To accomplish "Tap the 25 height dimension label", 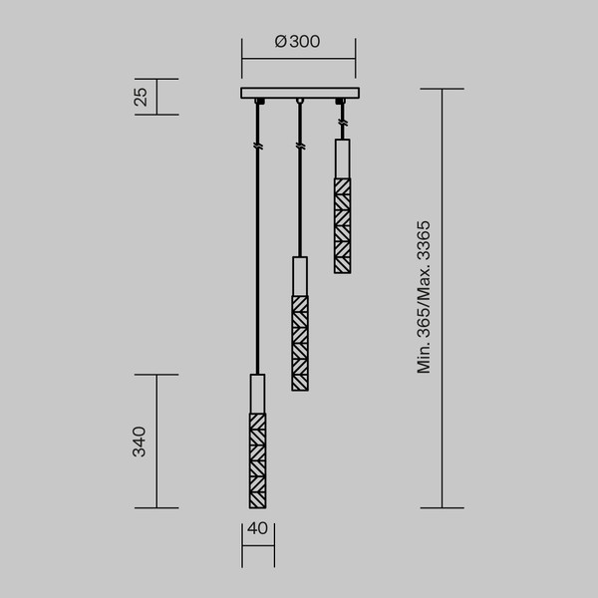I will point(141,97).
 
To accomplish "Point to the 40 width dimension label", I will point(257,529).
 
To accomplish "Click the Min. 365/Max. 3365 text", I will point(425,297).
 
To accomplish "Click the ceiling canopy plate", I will point(299,94).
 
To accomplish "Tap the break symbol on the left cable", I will point(257,147).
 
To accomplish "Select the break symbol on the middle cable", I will point(299,147).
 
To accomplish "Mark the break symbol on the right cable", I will point(342,123).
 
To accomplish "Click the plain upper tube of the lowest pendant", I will point(257,394).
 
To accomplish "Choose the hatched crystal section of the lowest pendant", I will point(257,459).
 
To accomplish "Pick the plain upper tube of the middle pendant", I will point(299,276).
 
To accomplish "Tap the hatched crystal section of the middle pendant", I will point(299,342).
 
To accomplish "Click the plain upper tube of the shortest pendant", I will point(342,158).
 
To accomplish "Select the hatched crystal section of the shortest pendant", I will point(342,224).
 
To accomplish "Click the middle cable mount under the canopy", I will point(299,102).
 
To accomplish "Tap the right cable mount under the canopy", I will point(342,102).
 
